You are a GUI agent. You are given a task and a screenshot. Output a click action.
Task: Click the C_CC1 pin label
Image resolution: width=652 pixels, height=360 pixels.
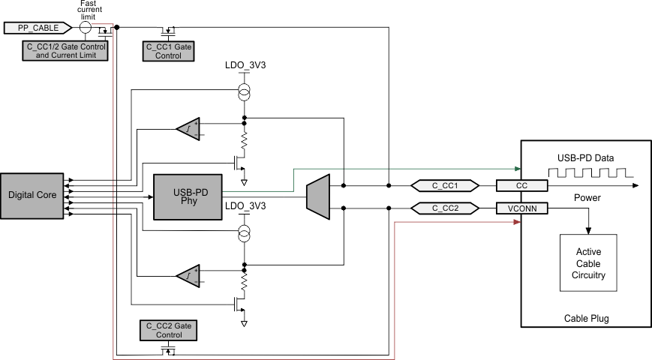[x=446, y=185]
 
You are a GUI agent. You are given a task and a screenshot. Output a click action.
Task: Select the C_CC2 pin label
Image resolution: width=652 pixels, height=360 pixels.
[x=446, y=208]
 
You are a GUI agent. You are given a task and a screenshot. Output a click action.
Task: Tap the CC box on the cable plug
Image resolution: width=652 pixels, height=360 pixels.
[x=522, y=185]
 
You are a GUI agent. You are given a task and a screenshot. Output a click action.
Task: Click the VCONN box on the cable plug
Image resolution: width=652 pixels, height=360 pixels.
[x=522, y=208]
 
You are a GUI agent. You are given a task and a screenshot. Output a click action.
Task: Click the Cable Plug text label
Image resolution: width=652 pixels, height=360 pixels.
[x=587, y=318]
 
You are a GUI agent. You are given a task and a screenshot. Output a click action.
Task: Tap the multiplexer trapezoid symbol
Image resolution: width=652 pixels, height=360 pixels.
[x=319, y=195]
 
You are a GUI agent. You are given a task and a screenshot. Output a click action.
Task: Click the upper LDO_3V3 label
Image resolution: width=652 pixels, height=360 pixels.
[x=245, y=66]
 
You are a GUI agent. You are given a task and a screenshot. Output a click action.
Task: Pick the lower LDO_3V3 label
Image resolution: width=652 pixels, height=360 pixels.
[x=245, y=205]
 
